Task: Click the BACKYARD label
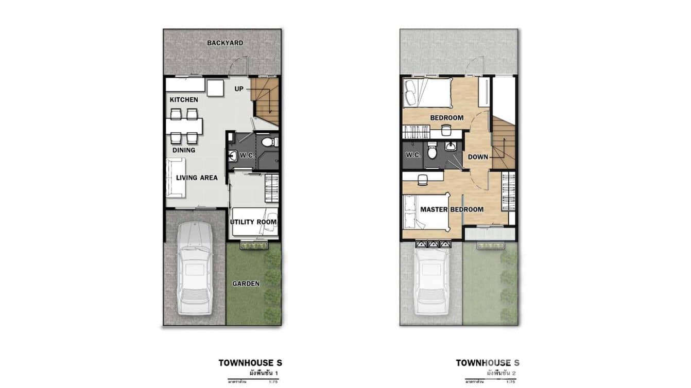[x=225, y=43]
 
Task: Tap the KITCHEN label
[x=184, y=99]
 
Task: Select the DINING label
[x=184, y=150]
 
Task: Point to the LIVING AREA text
[x=197, y=178]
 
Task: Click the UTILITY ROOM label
[x=253, y=222]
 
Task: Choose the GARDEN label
[x=246, y=284]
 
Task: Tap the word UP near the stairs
[x=239, y=89]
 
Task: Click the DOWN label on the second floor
[x=478, y=157]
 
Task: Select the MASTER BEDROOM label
[x=452, y=209]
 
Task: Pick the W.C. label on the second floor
[x=413, y=155]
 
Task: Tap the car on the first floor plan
[x=194, y=268]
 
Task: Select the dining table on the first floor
[x=184, y=126]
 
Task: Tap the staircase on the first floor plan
[x=266, y=101]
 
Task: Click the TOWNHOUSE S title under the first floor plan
[x=250, y=363]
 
